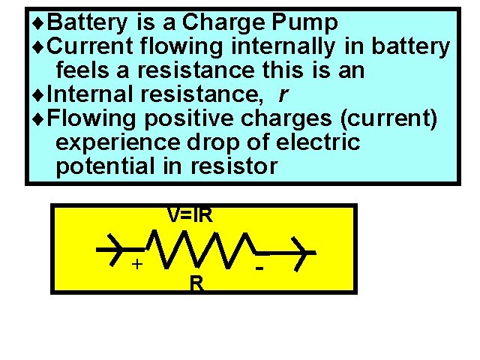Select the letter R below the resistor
click(196, 283)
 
